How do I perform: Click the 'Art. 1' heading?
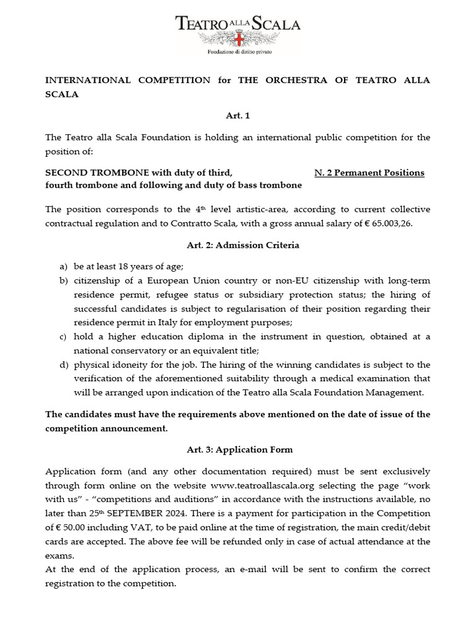pos(238,115)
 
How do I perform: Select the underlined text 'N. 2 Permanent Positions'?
pos(369,173)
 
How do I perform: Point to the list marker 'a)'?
pos(63,266)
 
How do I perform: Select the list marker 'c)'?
pos(63,336)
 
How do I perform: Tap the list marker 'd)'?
pos(63,365)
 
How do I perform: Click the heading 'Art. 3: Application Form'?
pos(240,449)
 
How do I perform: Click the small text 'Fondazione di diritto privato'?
pos(238,52)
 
